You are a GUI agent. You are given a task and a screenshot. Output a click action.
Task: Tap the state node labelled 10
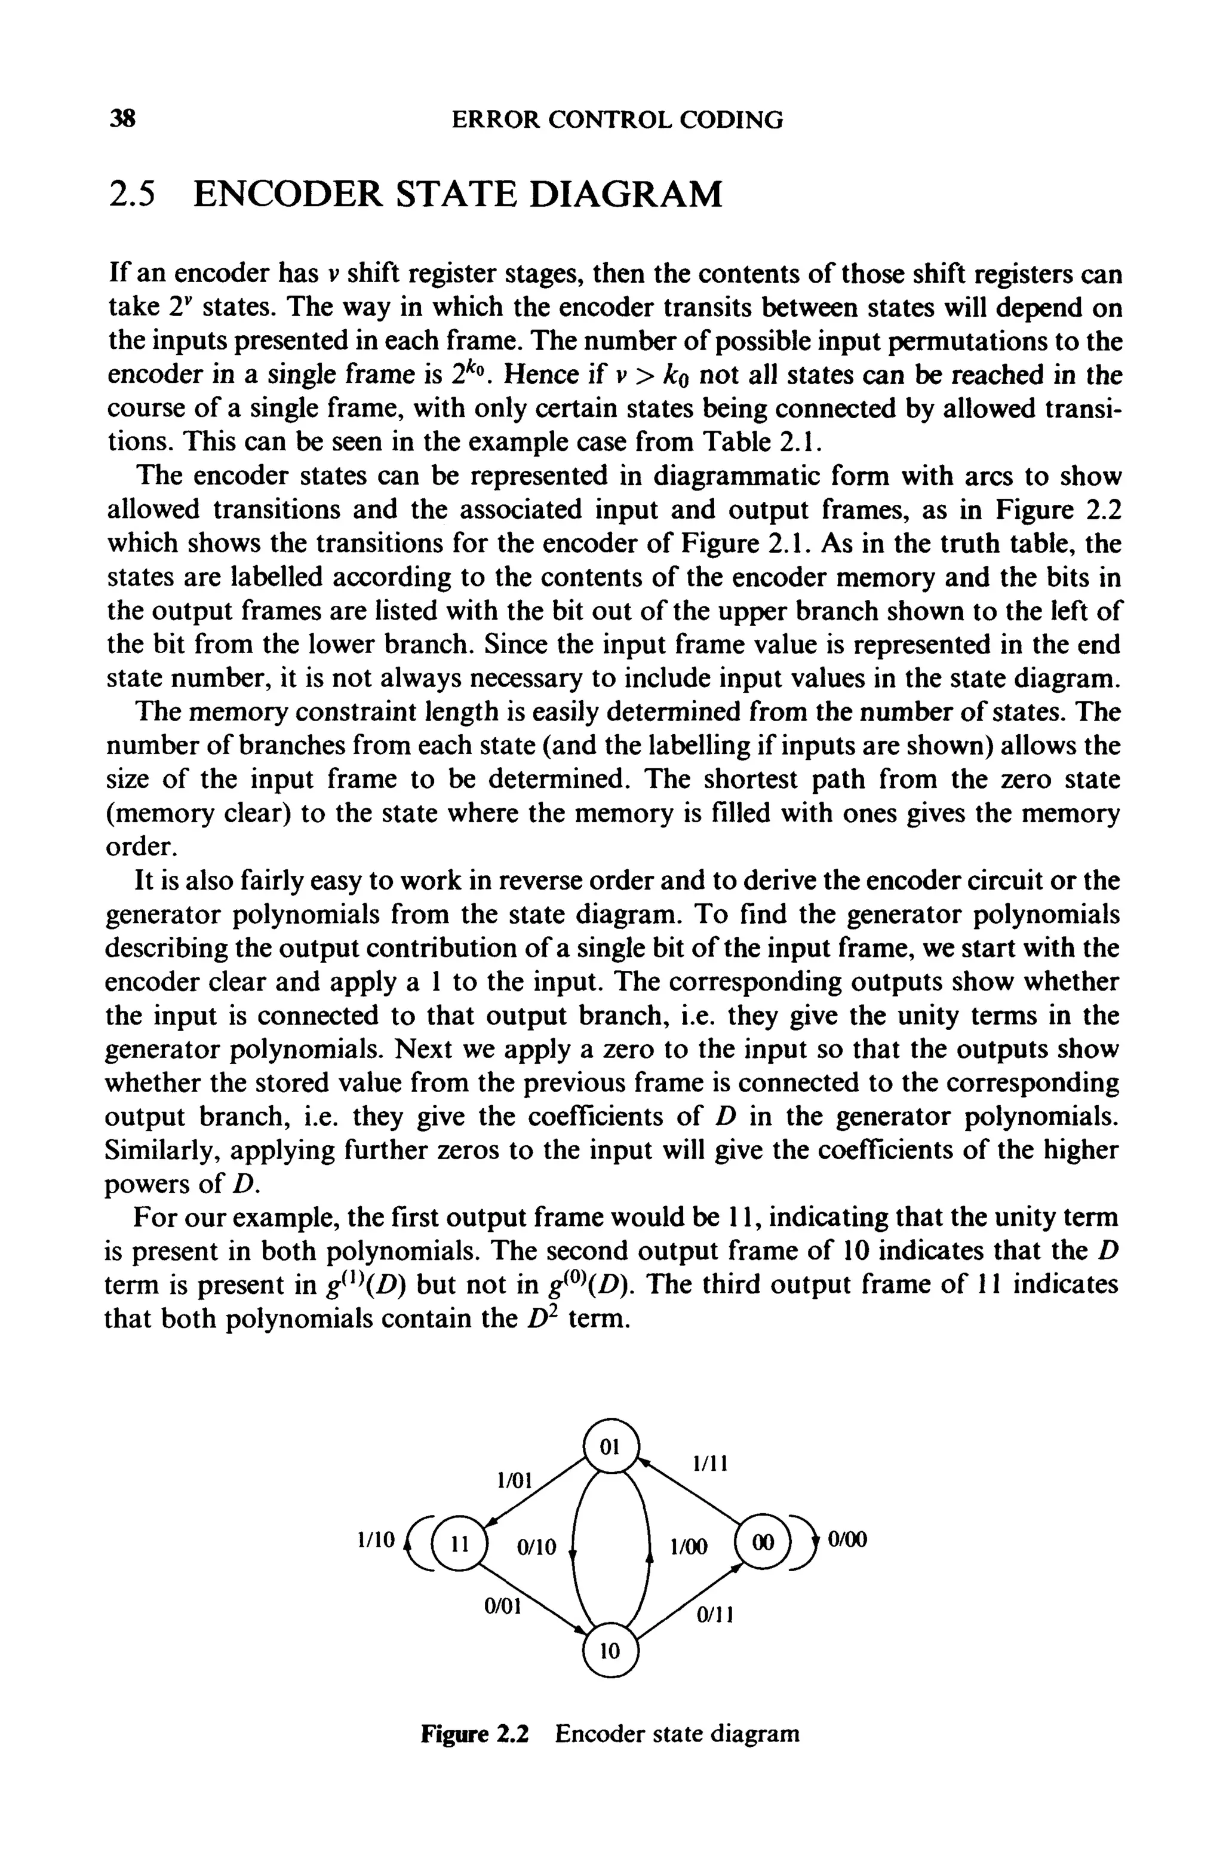[611, 1650]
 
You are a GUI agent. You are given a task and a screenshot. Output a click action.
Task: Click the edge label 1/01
[513, 1480]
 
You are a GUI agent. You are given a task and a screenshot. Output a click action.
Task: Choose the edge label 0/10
[537, 1546]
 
